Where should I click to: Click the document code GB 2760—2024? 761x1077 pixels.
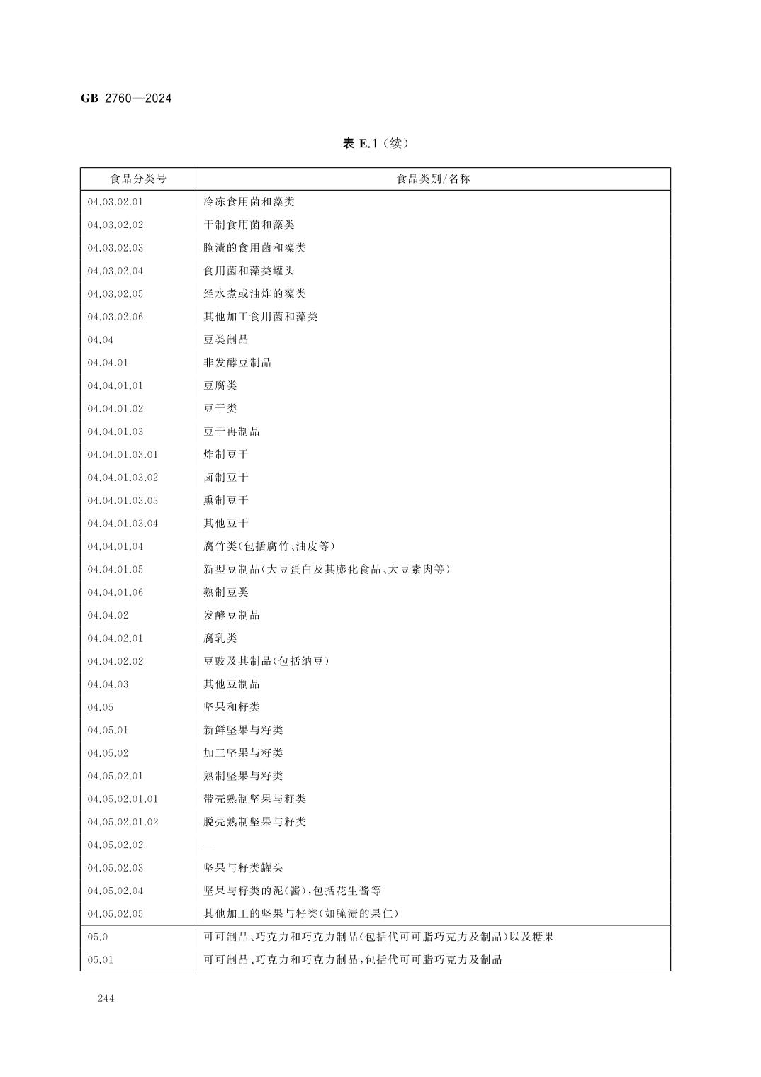pyautogui.click(x=126, y=98)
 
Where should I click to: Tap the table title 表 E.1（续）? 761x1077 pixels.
pyautogui.click(x=376, y=144)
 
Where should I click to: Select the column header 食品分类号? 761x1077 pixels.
pyautogui.click(x=138, y=179)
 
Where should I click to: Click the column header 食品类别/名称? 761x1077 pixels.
pyautogui.click(x=433, y=179)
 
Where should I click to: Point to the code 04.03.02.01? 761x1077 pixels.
pyautogui.click(x=115, y=202)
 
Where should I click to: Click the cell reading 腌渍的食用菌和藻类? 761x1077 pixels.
pyautogui.click(x=254, y=248)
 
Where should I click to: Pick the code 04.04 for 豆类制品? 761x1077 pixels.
pyautogui.click(x=100, y=339)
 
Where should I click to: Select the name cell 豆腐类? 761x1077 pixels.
pyautogui.click(x=220, y=385)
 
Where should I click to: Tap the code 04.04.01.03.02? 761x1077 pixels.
pyautogui.click(x=123, y=478)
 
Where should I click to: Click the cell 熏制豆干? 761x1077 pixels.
pyautogui.click(x=226, y=500)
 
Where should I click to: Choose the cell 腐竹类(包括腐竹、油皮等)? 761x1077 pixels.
pyautogui.click(x=269, y=546)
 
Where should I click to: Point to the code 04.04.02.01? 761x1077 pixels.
pyautogui.click(x=115, y=638)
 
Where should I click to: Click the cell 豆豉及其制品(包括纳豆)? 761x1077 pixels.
pyautogui.click(x=266, y=661)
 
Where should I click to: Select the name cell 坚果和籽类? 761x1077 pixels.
pyautogui.click(x=232, y=707)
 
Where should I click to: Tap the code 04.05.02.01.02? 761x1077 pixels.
pyautogui.click(x=123, y=822)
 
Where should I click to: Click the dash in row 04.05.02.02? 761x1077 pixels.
pyautogui.click(x=208, y=845)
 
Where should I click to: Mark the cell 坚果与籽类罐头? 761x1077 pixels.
pyautogui.click(x=243, y=868)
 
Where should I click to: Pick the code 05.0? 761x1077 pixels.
pyautogui.click(x=98, y=937)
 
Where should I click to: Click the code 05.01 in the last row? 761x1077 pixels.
pyautogui.click(x=100, y=960)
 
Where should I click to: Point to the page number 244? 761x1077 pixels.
pyautogui.click(x=106, y=999)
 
